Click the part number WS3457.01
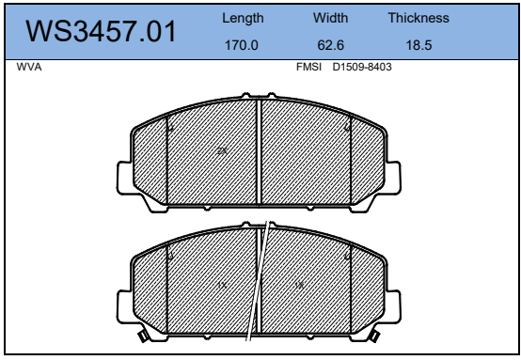click(101, 31)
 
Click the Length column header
click(243, 19)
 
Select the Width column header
click(331, 18)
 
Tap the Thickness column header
click(418, 18)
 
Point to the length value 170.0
click(242, 45)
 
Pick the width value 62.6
click(331, 45)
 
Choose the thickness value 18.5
click(419, 45)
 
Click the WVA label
click(29, 67)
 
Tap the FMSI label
click(308, 67)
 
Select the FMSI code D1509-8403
click(362, 67)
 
